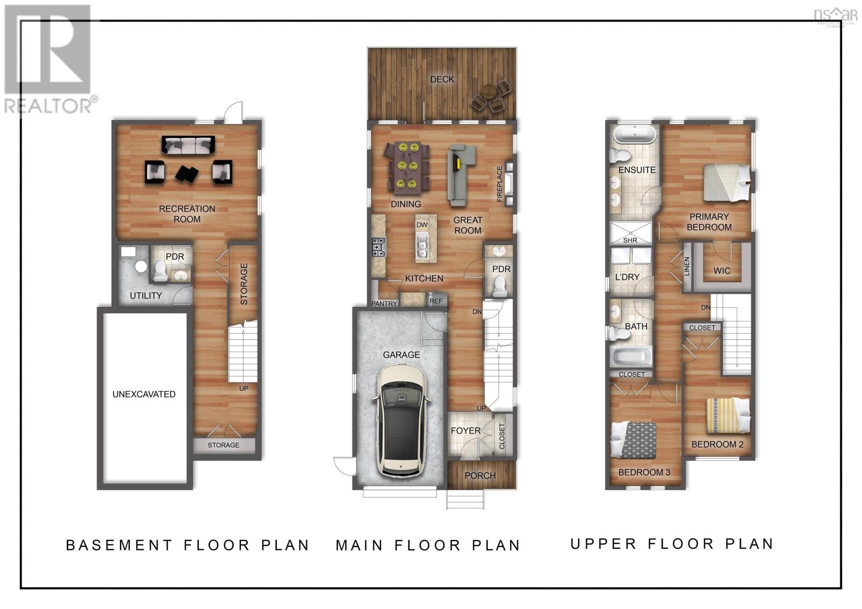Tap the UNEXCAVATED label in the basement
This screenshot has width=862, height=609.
[144, 394]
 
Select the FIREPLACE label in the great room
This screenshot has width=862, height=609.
[499, 184]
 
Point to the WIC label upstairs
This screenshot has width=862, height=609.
[722, 270]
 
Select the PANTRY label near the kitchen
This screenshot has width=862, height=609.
[384, 304]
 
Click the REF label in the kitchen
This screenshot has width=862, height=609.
[436, 301]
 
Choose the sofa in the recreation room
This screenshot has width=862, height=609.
[188, 144]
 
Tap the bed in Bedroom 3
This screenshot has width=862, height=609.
[634, 439]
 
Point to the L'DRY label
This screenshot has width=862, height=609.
[627, 277]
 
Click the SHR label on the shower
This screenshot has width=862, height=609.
[630, 240]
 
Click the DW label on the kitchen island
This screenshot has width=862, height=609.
[422, 225]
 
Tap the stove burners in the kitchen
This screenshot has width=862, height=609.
[378, 247]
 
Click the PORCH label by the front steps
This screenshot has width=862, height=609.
[480, 475]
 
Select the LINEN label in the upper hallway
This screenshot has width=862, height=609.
[687, 267]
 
